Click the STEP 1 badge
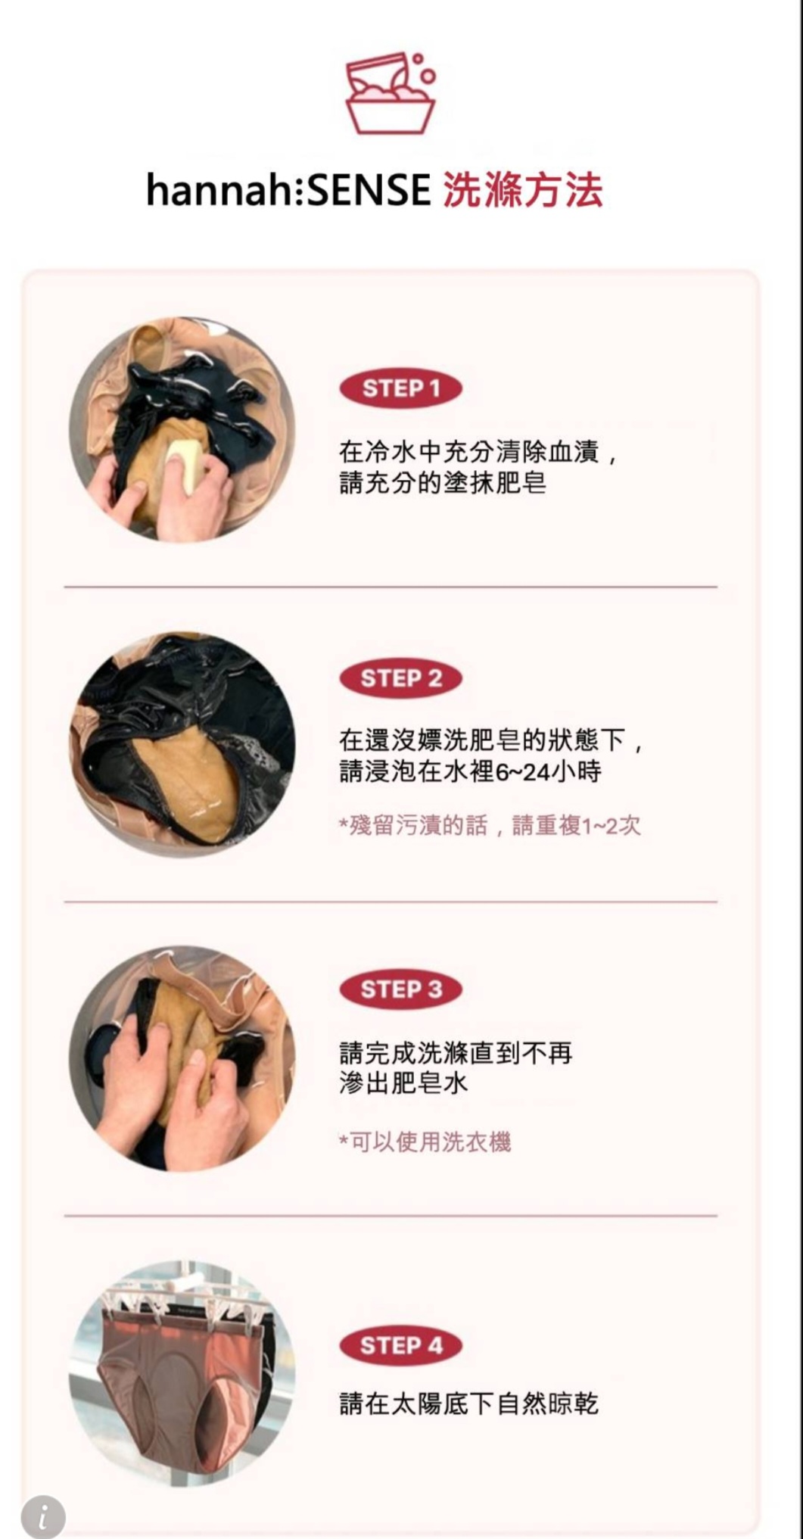pos(400,389)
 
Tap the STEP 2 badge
pos(400,678)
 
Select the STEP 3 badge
pos(400,989)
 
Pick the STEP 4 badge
pos(400,1345)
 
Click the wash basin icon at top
pos(391,93)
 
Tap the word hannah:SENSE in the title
pos(288,189)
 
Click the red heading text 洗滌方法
pos(523,189)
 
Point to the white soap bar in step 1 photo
pos(186,463)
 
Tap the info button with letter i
pos(43,1516)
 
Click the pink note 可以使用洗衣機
pos(425,1142)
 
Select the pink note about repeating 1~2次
pos(490,825)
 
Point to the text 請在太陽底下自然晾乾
pos(469,1404)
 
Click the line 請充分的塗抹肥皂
pos(443,483)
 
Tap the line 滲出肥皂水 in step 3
pos(403,1083)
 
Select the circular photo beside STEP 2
pos(182,744)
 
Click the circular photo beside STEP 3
pos(182,1058)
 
